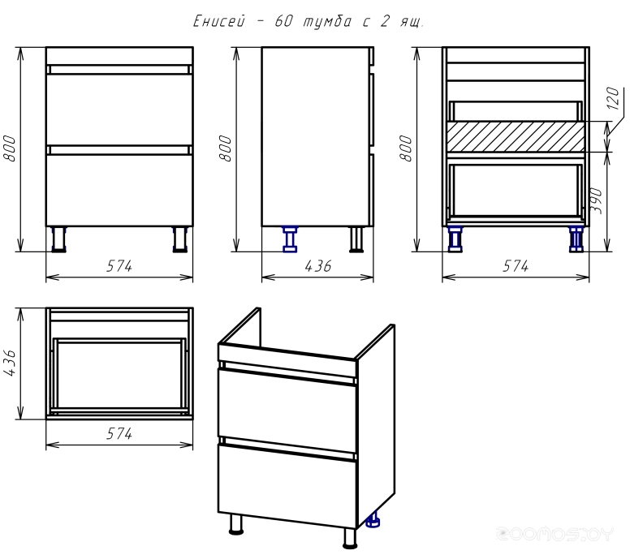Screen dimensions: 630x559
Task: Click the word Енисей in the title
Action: tap(219, 21)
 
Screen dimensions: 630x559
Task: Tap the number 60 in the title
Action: tap(283, 21)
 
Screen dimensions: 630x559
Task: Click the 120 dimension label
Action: tap(613, 98)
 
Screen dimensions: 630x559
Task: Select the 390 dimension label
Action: tap(597, 200)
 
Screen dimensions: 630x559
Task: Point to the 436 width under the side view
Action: tap(317, 266)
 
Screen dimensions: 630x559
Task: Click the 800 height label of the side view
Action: tap(226, 148)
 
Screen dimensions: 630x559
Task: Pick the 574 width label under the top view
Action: tap(119, 434)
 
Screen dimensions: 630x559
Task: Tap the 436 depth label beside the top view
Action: tap(10, 363)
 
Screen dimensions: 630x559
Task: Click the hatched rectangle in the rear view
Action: tap(516, 136)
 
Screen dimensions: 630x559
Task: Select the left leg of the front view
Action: tap(59, 239)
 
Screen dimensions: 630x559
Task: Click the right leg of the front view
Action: tap(179, 239)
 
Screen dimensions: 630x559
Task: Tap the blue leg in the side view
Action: tap(290, 239)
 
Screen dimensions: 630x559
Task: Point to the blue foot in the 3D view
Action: tap(373, 520)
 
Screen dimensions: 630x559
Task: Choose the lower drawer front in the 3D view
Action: tap(287, 485)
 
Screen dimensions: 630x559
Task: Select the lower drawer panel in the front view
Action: tap(119, 191)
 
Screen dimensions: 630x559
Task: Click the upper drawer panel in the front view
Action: tap(119, 110)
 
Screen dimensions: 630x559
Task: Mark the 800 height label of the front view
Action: tap(10, 148)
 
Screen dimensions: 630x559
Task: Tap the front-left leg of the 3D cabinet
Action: tap(236, 524)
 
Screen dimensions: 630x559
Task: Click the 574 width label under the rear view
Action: tap(516, 266)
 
